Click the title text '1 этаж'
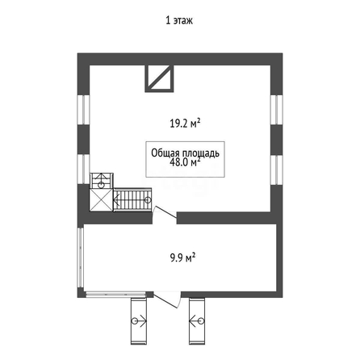(x=179, y=20)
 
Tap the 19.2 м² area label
(x=185, y=123)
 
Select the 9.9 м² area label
(x=182, y=257)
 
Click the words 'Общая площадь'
(x=185, y=153)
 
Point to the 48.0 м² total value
(x=185, y=162)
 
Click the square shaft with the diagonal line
(x=159, y=78)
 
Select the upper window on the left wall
(x=83, y=110)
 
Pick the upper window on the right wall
(x=277, y=110)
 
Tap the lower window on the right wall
(x=277, y=170)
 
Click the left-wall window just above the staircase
(x=83, y=170)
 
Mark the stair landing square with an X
(x=101, y=200)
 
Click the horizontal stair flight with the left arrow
(x=132, y=200)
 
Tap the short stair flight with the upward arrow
(x=101, y=181)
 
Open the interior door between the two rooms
(x=165, y=212)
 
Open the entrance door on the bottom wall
(x=167, y=299)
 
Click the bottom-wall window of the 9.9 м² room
(x=115, y=295)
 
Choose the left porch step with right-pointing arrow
(x=139, y=321)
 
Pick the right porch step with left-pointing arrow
(x=197, y=321)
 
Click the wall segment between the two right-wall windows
(x=277, y=140)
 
